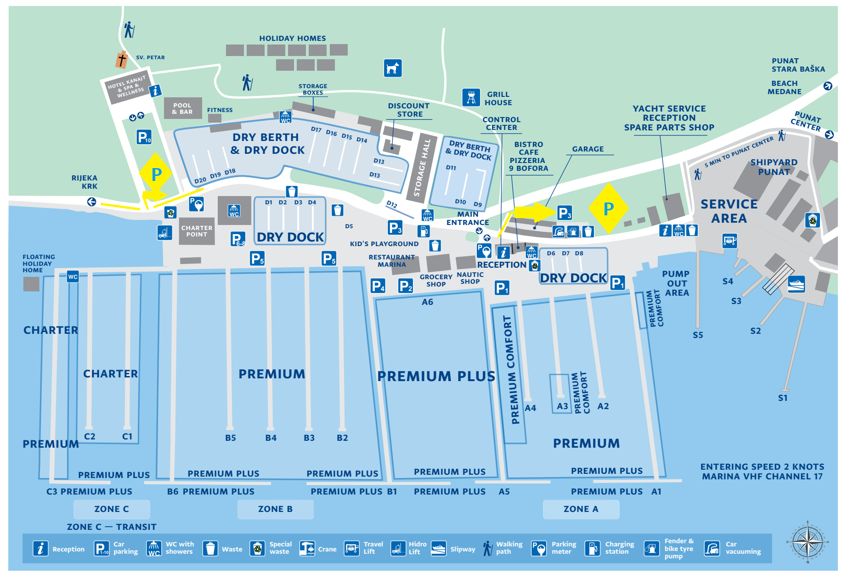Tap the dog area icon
[x=393, y=68]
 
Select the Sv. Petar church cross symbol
[x=122, y=60]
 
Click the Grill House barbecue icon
[x=471, y=97]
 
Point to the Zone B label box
[x=275, y=509]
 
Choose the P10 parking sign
[x=144, y=137]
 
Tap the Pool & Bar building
[x=183, y=108]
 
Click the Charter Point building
[x=197, y=231]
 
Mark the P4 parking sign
[x=378, y=286]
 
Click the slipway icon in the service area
[x=796, y=284]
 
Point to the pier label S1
[x=783, y=398]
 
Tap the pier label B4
[x=271, y=438]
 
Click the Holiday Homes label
[x=293, y=39]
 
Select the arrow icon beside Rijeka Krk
[x=92, y=202]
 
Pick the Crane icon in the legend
[x=307, y=548]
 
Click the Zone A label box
[x=581, y=509]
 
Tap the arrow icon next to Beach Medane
[x=828, y=86]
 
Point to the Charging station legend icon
[x=592, y=548]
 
